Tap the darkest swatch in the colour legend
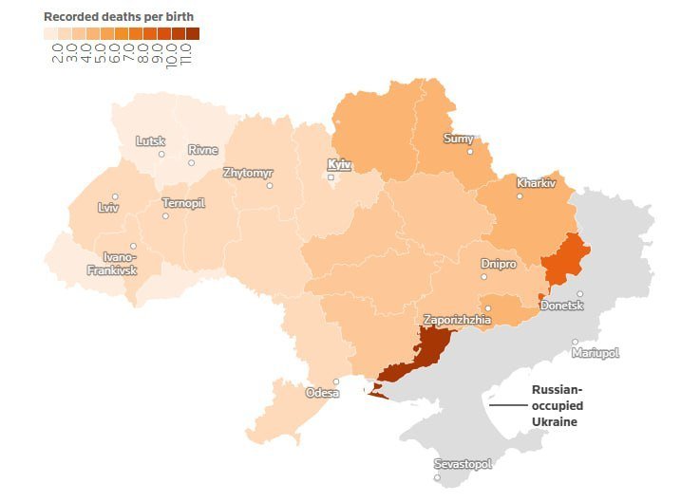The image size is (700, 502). tap(193, 34)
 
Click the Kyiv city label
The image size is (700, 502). tap(339, 164)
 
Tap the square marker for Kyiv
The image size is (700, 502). tap(331, 177)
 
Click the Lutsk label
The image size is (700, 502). tap(150, 141)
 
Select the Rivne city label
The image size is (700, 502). tap(202, 150)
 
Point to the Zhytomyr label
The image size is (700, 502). tap(248, 173)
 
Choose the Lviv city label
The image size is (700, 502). tap(109, 208)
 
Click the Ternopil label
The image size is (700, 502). tap(183, 203)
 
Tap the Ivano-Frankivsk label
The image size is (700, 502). tap(112, 264)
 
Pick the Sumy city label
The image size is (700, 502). tap(459, 139)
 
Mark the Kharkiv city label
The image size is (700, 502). tap(536, 182)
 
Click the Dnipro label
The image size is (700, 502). tap(499, 264)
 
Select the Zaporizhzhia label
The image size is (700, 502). tap(457, 320)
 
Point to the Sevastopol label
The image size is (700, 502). tap(463, 464)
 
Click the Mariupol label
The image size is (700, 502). tap(596, 353)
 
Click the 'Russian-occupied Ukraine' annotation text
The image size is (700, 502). tap(557, 405)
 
